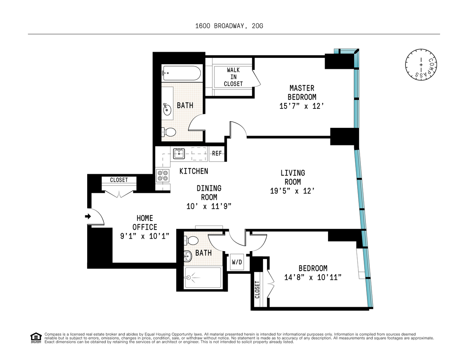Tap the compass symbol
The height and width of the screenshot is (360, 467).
click(x=420, y=65)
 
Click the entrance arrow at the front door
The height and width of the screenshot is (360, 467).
click(x=88, y=217)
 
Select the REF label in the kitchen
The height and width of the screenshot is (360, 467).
click(x=217, y=154)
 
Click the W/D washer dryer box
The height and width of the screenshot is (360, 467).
click(x=237, y=262)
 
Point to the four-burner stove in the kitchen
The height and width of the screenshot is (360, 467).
click(x=162, y=176)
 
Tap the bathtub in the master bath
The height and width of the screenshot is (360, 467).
click(x=181, y=73)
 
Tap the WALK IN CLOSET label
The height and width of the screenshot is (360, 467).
click(x=233, y=77)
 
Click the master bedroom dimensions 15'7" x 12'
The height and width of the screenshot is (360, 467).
click(x=302, y=106)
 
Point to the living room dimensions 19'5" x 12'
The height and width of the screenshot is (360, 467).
click(x=292, y=191)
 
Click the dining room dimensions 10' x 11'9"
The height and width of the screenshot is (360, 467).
click(x=209, y=206)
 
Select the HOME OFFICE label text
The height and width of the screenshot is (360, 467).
click(x=144, y=223)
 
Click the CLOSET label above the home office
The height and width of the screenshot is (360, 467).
click(x=118, y=180)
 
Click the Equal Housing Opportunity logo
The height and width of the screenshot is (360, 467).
click(x=36, y=338)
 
